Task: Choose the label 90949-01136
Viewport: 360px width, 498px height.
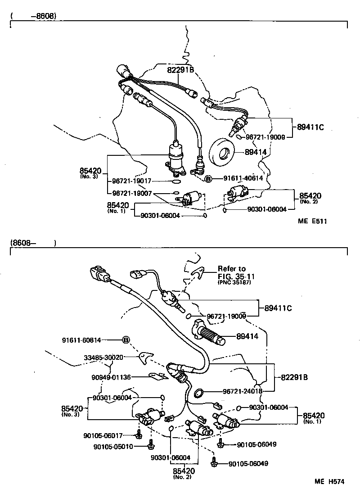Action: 111,377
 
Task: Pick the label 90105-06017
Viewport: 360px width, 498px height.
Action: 103,435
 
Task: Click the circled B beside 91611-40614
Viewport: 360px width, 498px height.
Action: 208,179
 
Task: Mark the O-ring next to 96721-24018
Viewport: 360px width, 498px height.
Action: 198,394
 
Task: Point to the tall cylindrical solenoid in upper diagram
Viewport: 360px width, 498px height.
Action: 176,157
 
